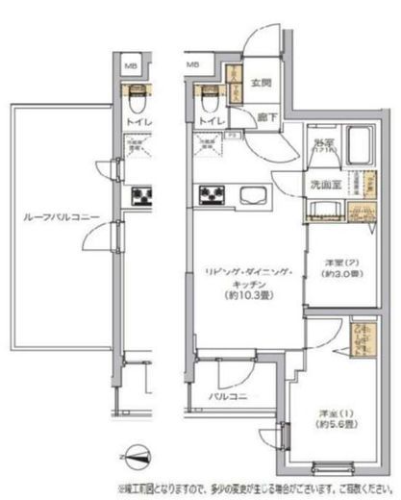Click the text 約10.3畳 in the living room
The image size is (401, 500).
pos(247,297)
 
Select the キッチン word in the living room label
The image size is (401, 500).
pos(247,286)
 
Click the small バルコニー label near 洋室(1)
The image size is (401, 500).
pos(228,395)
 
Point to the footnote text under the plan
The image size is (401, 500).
pos(255,487)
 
